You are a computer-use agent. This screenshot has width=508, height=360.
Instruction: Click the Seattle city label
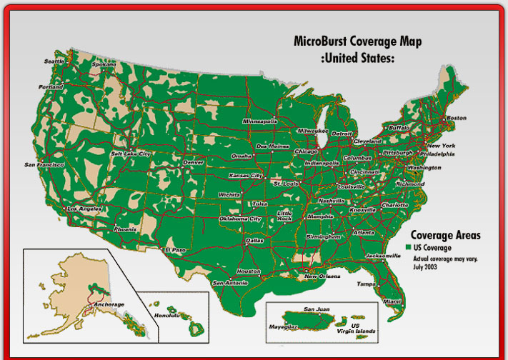click(54, 61)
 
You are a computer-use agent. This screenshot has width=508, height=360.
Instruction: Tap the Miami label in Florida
click(392, 301)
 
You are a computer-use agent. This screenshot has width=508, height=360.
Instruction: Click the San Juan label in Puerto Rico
click(317, 309)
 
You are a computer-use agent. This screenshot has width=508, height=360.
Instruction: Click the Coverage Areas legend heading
click(445, 235)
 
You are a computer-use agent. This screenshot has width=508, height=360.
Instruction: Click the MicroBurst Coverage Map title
click(357, 41)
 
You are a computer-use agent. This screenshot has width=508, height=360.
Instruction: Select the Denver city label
click(194, 162)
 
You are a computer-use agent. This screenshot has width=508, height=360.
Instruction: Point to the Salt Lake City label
click(131, 154)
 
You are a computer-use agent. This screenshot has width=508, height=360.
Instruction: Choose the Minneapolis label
click(259, 121)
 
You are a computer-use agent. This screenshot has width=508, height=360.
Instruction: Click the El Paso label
click(175, 250)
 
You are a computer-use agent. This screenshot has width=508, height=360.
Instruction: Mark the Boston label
click(456, 118)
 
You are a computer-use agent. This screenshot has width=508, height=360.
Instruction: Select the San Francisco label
click(44, 165)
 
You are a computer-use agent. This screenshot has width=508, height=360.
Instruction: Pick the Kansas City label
click(245, 175)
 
